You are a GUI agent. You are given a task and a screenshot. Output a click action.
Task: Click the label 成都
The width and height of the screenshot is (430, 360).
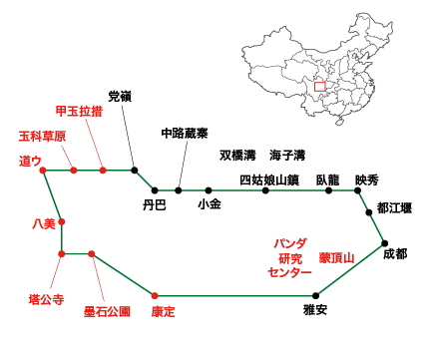[394, 254]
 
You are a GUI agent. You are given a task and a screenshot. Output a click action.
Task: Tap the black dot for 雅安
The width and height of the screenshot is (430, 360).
[316, 295]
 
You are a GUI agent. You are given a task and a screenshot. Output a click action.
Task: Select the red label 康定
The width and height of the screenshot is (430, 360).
[163, 312]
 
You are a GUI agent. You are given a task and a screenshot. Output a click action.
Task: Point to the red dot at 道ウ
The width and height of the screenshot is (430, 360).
[43, 171]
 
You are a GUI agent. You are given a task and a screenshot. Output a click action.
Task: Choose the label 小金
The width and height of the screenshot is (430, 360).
[210, 205]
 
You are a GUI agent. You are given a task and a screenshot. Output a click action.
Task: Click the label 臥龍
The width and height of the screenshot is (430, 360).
[327, 180]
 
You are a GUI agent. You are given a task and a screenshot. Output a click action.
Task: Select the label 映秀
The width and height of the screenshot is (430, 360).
[366, 180]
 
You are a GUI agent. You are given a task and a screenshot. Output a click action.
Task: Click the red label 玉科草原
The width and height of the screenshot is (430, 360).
[42, 136]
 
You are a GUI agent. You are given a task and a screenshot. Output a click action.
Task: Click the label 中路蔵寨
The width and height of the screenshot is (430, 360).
[185, 133]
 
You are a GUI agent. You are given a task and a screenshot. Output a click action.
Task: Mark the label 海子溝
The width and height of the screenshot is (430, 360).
[286, 156]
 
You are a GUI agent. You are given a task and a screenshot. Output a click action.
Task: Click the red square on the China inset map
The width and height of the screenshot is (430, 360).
[319, 87]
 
